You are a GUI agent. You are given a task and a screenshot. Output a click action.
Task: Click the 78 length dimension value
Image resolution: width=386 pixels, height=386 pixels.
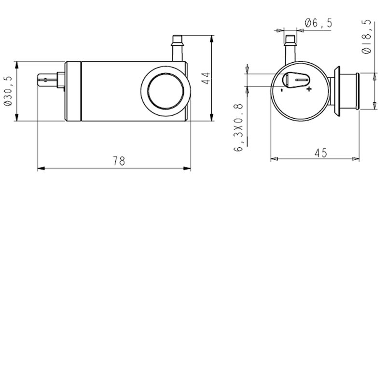coord(119,161)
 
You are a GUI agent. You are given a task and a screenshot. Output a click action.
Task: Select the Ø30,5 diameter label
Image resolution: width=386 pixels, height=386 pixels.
coord(7,91)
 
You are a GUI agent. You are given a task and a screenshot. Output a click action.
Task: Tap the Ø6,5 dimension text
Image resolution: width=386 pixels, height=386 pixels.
coord(318,23)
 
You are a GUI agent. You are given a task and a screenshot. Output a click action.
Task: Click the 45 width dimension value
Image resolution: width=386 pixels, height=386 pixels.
coord(320,152)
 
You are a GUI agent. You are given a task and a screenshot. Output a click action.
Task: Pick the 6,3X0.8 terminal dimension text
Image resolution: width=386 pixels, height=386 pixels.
coord(238,128)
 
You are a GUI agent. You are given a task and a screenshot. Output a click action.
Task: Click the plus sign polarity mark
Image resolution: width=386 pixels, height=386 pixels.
coord(309,89)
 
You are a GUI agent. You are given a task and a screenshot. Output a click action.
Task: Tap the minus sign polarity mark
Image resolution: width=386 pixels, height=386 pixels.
coord(282,89)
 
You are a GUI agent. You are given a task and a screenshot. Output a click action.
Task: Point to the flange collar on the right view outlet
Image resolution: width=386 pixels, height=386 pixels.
coord(339,91)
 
